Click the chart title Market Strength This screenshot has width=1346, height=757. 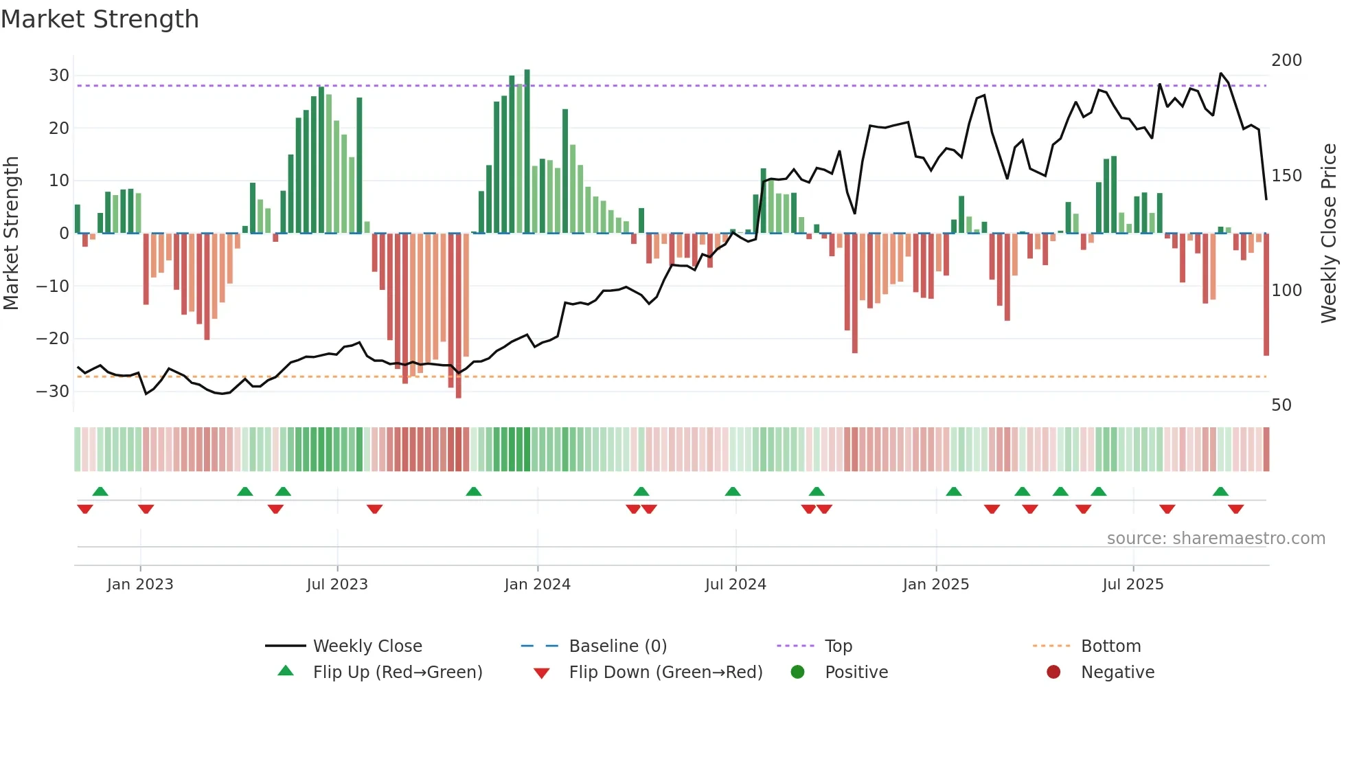point(100,19)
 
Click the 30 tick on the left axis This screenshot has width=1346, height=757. point(59,76)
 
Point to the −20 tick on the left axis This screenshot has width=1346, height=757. point(53,339)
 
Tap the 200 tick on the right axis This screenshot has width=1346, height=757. point(1286,60)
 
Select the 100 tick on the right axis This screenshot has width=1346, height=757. point(1286,291)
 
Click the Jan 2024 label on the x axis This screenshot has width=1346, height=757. point(537,585)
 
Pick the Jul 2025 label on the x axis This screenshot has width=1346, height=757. point(1132,585)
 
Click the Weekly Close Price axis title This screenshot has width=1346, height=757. point(1329,234)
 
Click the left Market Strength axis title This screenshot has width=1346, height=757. point(11,234)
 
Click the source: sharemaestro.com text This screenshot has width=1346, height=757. point(1216,539)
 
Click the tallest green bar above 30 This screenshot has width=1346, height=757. point(527,151)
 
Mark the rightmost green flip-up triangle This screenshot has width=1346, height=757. point(1220,492)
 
